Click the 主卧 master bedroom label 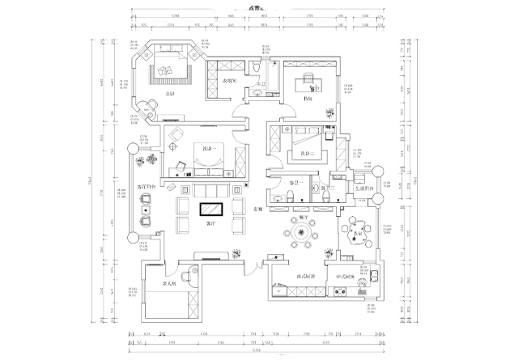(x=169, y=94)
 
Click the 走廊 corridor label (x=260, y=209)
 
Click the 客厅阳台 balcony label (x=148, y=186)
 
